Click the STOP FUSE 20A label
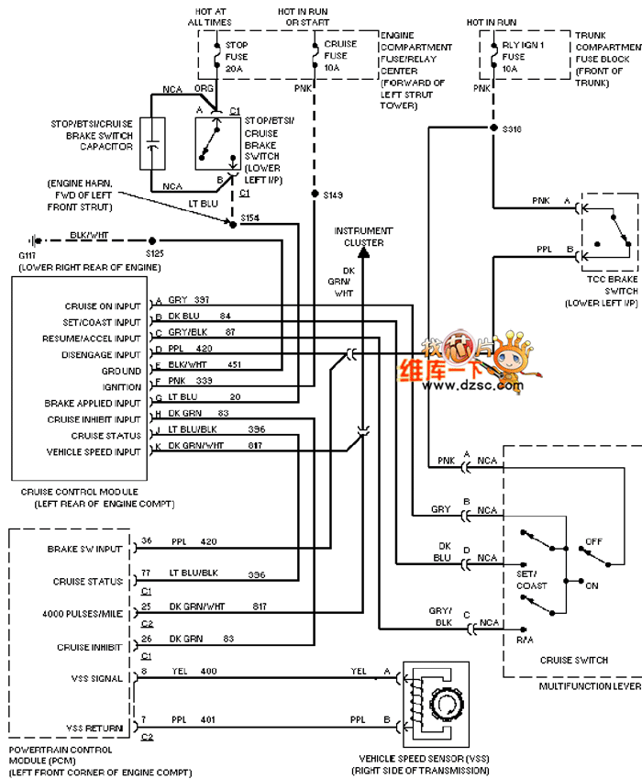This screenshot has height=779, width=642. click(x=237, y=56)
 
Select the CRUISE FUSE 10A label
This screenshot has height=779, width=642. click(x=340, y=55)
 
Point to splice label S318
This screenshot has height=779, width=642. click(x=512, y=129)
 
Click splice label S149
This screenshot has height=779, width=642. click(x=334, y=195)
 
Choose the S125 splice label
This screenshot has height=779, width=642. click(x=153, y=251)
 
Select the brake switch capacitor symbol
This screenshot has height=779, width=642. click(x=152, y=144)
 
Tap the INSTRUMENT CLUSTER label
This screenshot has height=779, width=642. click(x=364, y=237)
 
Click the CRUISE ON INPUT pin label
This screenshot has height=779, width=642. click(x=103, y=306)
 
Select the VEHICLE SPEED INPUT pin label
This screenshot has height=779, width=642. click(x=94, y=452)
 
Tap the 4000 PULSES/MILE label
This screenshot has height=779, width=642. click(x=83, y=614)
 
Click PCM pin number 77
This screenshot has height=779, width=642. click(x=145, y=573)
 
